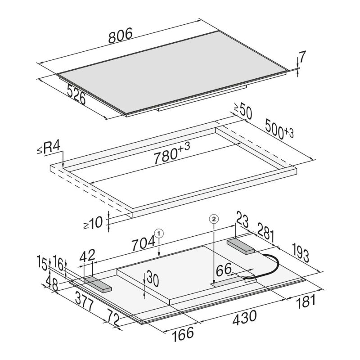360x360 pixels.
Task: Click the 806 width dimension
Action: point(121,36)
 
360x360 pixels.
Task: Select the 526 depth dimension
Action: point(76,94)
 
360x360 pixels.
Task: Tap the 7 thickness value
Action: point(302,57)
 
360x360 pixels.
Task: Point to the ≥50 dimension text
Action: point(243,111)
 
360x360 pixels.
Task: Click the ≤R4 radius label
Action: point(49,148)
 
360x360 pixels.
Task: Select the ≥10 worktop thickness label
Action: point(93,223)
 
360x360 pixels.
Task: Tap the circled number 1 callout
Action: point(159,234)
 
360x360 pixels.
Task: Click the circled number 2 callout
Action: point(214,219)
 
